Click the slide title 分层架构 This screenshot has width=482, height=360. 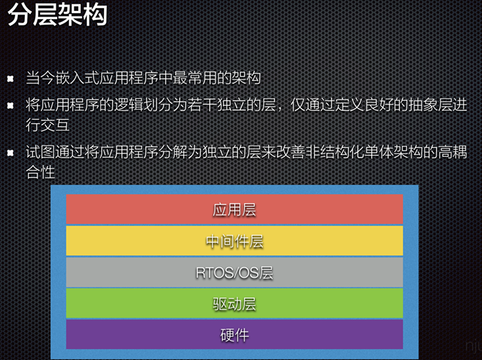[57, 14]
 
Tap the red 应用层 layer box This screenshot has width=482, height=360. [235, 209]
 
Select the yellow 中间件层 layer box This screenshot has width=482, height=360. [235, 241]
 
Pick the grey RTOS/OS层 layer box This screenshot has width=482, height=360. [235, 272]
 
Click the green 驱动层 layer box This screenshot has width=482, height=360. [235, 303]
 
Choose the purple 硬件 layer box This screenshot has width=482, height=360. [235, 335]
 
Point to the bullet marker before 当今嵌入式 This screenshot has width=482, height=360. [10, 79]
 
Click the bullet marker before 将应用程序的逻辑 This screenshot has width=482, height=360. [10, 106]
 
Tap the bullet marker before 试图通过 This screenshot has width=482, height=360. [10, 153]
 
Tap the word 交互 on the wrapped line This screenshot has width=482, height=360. [55, 125]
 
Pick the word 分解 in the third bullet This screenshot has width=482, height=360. [173, 152]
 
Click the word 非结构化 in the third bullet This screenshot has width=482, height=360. [335, 152]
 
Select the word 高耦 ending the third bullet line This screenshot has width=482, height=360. [452, 152]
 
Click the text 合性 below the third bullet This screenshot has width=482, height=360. [40, 171]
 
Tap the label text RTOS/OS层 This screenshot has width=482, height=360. [235, 273]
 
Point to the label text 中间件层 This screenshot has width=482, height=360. [235, 242]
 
